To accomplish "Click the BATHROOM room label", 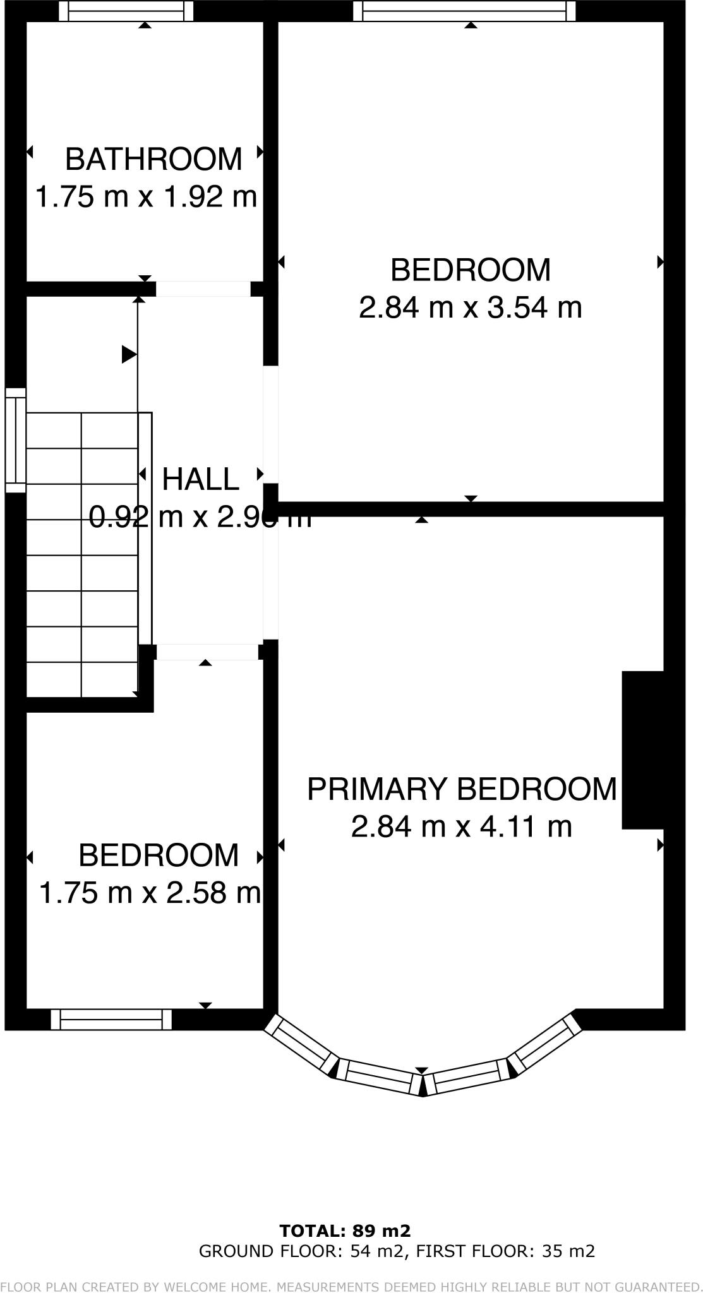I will point(153,159).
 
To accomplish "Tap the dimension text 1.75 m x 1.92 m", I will point(146,197).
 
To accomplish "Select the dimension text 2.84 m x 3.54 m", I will point(470,308).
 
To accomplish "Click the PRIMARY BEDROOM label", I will point(462,789).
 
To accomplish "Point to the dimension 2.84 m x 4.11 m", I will point(462,826).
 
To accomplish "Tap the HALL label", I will point(201,479).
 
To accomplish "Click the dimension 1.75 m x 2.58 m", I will point(150,893).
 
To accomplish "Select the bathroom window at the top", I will point(126,11).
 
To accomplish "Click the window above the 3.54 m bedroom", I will point(464,11).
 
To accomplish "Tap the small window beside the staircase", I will point(16,440).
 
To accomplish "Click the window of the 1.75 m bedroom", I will point(111,1020).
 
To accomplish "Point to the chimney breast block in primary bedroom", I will point(643,749).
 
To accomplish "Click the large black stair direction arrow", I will point(129,354).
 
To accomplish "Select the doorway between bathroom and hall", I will point(203,289).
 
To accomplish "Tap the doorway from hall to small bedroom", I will point(207,652).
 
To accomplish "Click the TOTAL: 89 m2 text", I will point(345,1230).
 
